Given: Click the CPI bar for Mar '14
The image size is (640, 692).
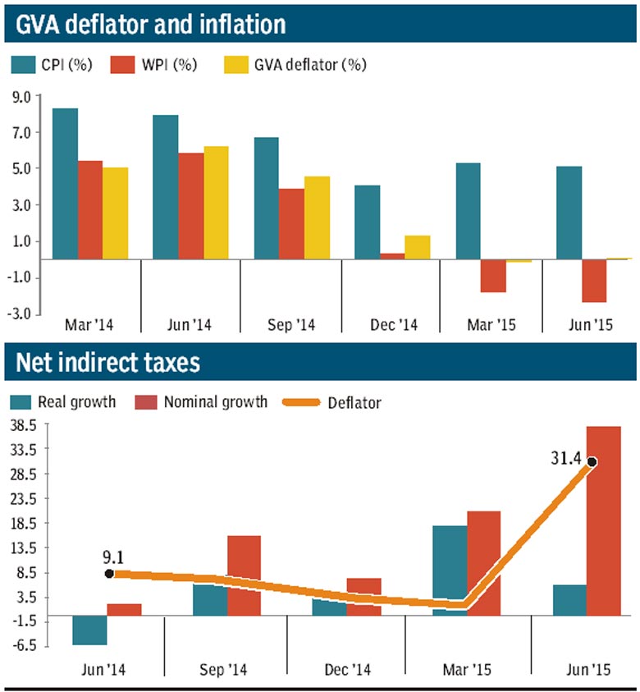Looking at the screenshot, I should pyautogui.click(x=65, y=184).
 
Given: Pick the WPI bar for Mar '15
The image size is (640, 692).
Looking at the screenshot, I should pyautogui.click(x=493, y=276).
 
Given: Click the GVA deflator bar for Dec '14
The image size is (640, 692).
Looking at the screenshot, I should pyautogui.click(x=417, y=247).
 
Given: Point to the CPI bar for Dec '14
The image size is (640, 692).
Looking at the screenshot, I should pyautogui.click(x=367, y=222).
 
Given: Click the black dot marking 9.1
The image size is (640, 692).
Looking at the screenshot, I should pyautogui.click(x=109, y=574).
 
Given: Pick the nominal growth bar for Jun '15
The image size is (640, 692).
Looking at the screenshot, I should pyautogui.click(x=604, y=520).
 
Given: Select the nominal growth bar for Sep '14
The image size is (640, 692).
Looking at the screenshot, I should pyautogui.click(x=244, y=575).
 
